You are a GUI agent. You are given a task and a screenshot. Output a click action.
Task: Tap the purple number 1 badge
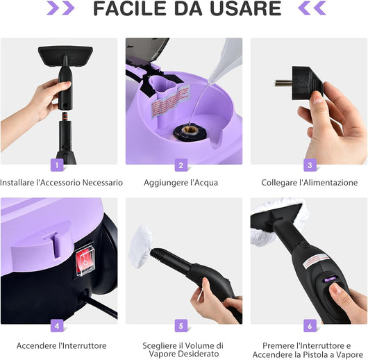click(58, 165)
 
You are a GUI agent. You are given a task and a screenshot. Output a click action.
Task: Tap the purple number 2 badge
click(182, 165)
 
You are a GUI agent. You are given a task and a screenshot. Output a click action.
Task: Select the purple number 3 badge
click(309, 165)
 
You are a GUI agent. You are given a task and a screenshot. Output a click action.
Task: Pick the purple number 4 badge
click(58, 325)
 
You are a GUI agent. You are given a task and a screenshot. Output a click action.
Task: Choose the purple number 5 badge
click(182, 325)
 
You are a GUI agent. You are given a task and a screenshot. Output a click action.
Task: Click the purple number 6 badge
click(309, 325)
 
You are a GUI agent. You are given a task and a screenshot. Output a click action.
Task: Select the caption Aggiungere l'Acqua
click(181, 183)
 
